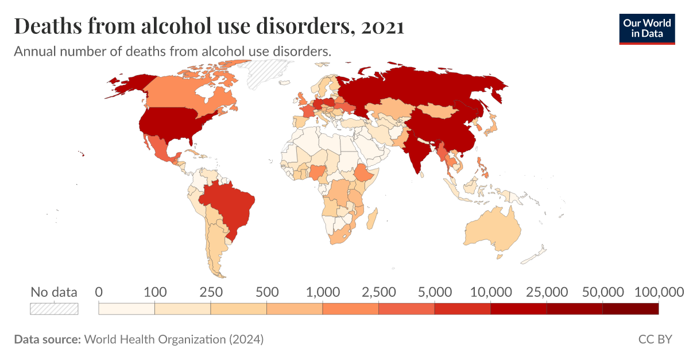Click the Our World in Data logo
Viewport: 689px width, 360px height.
click(647, 27)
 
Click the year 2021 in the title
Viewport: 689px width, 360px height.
click(383, 26)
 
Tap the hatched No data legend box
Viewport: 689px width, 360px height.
click(54, 308)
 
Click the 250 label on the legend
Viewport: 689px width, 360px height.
click(210, 292)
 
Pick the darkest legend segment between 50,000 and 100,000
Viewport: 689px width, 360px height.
click(630, 309)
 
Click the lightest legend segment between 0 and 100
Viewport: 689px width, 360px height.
click(126, 309)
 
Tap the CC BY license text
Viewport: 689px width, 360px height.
click(655, 339)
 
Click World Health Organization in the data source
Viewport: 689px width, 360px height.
click(155, 339)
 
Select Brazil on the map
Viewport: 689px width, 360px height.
click(230, 207)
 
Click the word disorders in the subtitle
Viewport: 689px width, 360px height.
click(301, 51)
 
